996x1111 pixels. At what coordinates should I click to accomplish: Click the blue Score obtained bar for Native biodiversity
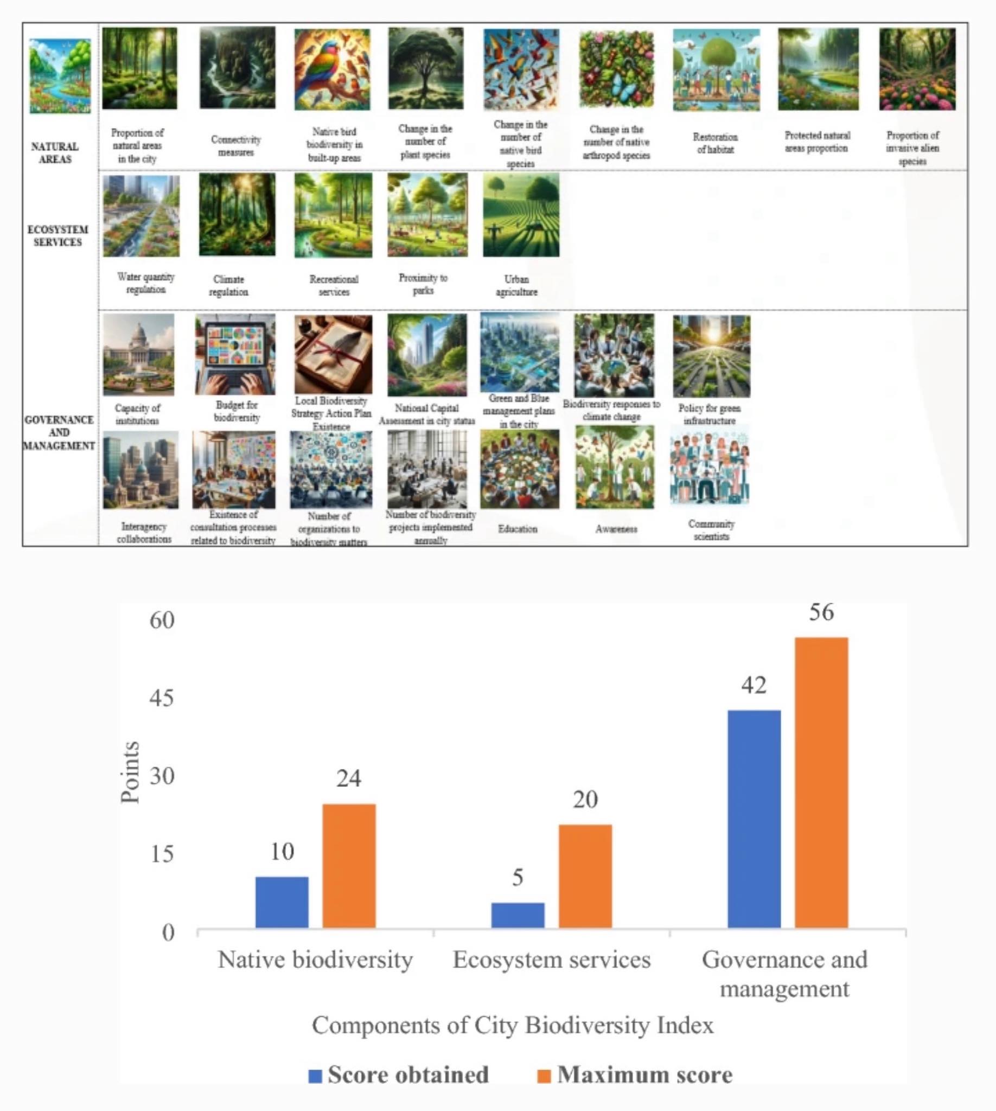[x=282, y=903]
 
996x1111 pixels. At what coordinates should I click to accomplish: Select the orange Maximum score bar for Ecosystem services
[x=585, y=876]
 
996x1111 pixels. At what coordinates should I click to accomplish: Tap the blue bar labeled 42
[x=754, y=819]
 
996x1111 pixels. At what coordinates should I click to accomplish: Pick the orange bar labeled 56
[x=821, y=783]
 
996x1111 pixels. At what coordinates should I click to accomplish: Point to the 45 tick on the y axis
[x=162, y=698]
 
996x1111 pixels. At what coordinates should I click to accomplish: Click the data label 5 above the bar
[x=518, y=877]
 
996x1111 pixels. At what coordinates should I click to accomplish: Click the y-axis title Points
[x=130, y=772]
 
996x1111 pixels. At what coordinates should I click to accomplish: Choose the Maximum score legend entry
[x=635, y=1075]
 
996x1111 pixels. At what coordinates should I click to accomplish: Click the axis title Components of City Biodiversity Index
[x=512, y=1025]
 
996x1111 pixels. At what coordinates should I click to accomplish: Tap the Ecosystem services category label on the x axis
[x=552, y=960]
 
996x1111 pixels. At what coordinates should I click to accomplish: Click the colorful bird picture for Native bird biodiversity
[x=332, y=69]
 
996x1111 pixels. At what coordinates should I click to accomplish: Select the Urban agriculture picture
[x=520, y=215]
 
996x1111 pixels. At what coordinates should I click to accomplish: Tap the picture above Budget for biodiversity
[x=235, y=354]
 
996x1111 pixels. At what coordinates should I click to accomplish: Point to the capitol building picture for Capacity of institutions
[x=138, y=354]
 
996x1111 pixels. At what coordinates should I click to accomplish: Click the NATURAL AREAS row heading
[x=55, y=152]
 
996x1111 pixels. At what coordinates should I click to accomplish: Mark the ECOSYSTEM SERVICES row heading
[x=58, y=236]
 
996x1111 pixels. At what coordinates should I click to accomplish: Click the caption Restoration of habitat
[x=715, y=143]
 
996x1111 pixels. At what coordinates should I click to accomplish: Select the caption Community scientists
[x=711, y=530]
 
